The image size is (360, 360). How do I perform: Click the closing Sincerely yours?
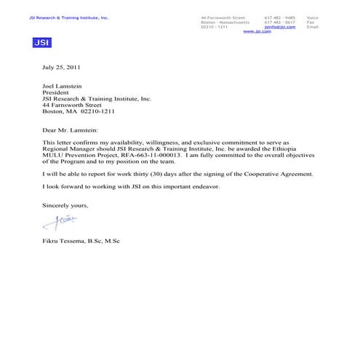click(65, 206)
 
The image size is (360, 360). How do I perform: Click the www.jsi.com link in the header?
click(257, 31)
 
